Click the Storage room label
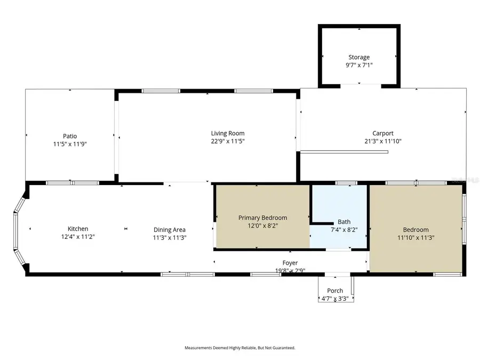[359, 57]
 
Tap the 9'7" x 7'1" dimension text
[359, 65]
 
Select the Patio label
[70, 136]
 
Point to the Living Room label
[228, 133]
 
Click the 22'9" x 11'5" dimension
[228, 141]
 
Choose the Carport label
[383, 133]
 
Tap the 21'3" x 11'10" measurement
[383, 141]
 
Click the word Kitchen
[78, 229]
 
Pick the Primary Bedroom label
[262, 218]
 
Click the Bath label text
[344, 222]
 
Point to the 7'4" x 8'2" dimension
[344, 230]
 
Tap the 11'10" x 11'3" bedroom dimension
[416, 238]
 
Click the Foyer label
[290, 263]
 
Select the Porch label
[335, 291]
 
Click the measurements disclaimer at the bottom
[240, 348]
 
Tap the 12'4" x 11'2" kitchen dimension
[78, 237]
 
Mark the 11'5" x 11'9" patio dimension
[70, 144]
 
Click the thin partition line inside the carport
[344, 152]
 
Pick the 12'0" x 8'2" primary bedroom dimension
[262, 226]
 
